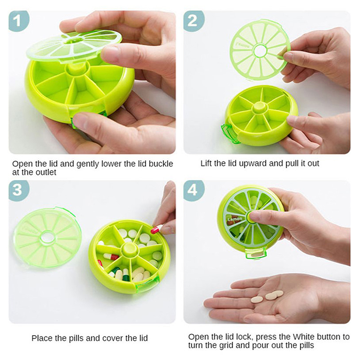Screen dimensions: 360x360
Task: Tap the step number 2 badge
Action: (x=193, y=21)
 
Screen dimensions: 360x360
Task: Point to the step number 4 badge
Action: (x=193, y=190)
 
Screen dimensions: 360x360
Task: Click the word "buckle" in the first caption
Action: (x=161, y=164)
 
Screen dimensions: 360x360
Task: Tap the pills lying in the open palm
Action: (x=267, y=297)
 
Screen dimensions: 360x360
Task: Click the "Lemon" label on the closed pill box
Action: (x=234, y=219)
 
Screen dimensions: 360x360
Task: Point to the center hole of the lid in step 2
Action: (x=260, y=50)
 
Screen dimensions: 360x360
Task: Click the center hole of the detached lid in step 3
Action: (x=47, y=238)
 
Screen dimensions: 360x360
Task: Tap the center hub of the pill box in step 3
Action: (x=130, y=249)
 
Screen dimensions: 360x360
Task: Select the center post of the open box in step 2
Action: (x=260, y=107)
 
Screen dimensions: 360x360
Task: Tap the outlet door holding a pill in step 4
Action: (x=256, y=253)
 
